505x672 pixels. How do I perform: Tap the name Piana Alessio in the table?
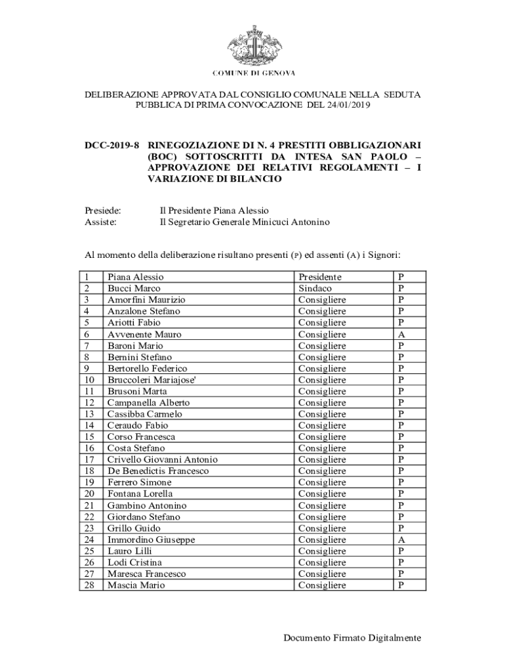click(135, 277)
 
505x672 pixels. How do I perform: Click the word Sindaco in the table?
click(315, 289)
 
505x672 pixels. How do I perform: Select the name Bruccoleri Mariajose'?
click(152, 380)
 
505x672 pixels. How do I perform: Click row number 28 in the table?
click(91, 585)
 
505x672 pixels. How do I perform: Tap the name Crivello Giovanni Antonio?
click(163, 459)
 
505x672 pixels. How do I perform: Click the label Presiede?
click(103, 211)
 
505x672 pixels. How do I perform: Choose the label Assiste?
click(101, 222)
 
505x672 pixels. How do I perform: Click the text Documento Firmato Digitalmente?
click(352, 637)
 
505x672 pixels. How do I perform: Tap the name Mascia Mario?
click(136, 585)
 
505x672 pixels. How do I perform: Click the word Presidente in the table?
click(320, 277)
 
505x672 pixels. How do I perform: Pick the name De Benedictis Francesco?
click(158, 471)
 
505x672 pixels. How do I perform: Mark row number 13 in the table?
click(91, 414)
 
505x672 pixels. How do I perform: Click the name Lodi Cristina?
click(135, 562)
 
